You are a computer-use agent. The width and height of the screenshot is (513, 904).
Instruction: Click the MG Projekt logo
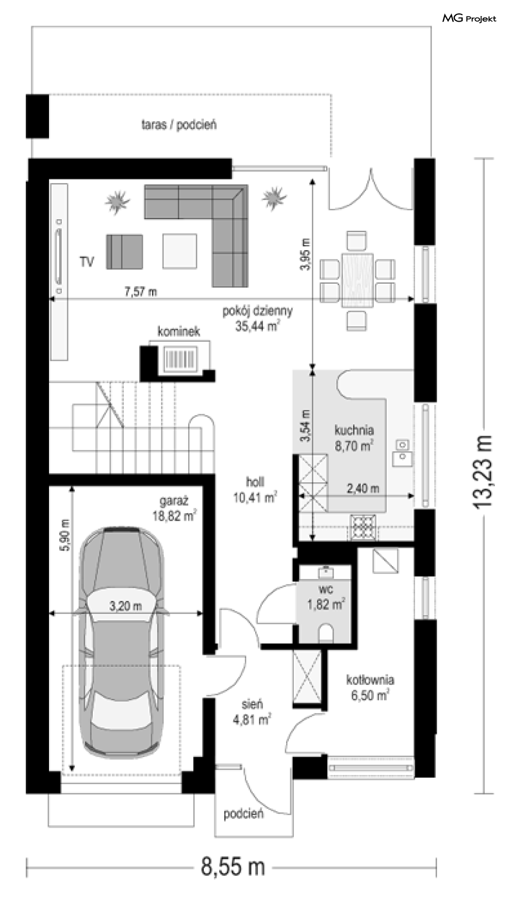[469, 19]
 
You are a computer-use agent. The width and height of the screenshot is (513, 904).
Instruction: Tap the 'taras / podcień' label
[179, 124]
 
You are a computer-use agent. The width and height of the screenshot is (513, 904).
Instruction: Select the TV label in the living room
[87, 262]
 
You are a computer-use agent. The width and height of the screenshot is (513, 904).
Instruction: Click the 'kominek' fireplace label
[178, 331]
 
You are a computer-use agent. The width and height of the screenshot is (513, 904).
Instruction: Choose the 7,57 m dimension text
[140, 292]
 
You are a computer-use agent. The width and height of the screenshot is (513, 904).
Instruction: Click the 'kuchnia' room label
[354, 430]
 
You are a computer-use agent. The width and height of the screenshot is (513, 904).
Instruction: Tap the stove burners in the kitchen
[365, 527]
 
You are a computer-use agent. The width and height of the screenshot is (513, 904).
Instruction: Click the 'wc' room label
[324, 588]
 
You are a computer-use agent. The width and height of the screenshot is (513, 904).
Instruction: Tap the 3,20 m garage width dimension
[125, 606]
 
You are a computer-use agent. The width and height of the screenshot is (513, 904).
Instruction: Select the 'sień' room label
[252, 704]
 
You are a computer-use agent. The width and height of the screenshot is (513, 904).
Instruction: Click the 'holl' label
[255, 482]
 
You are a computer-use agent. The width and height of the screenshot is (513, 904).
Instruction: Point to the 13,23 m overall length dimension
[484, 472]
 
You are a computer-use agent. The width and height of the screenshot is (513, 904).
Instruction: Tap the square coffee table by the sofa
[179, 251]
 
